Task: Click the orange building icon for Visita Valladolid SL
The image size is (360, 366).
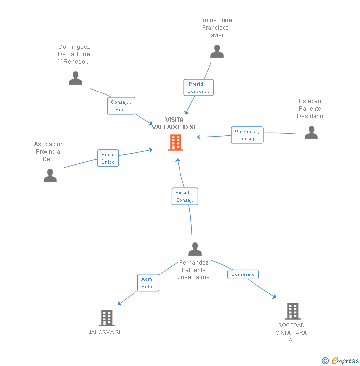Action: (x=176, y=142)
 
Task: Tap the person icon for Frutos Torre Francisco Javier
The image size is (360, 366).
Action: (x=217, y=51)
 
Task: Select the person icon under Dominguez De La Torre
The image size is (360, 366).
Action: (x=75, y=78)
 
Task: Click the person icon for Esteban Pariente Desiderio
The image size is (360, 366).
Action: (x=311, y=133)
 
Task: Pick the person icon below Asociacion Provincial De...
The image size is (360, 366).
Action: (x=50, y=176)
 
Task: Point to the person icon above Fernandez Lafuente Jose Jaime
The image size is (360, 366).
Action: (x=195, y=249)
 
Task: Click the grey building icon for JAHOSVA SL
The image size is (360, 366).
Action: (x=107, y=318)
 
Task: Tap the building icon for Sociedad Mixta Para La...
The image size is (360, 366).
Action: (x=293, y=311)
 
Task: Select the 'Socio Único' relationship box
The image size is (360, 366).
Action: (x=108, y=158)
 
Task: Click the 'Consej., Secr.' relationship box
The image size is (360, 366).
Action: (x=121, y=106)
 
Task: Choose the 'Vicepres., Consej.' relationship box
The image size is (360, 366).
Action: (x=247, y=135)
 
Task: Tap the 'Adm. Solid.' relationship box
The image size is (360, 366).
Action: (x=148, y=283)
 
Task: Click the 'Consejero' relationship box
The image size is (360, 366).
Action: (x=243, y=274)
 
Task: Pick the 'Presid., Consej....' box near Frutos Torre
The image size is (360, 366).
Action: (x=198, y=88)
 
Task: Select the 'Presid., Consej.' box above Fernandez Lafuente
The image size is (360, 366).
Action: (x=184, y=196)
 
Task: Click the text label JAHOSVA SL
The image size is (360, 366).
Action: (x=105, y=332)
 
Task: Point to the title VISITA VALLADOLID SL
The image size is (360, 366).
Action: (x=175, y=123)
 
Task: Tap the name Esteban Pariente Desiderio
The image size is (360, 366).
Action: (x=310, y=109)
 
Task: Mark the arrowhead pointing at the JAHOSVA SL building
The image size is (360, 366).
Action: (x=119, y=303)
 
